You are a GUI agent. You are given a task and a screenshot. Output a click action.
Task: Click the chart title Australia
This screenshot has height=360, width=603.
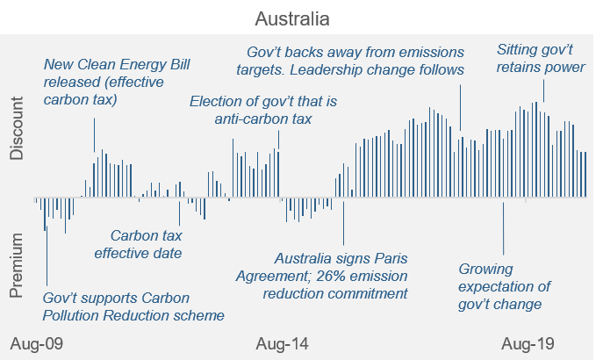[x=294, y=18]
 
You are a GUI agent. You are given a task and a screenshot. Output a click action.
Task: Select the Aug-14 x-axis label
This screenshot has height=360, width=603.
[x=283, y=342]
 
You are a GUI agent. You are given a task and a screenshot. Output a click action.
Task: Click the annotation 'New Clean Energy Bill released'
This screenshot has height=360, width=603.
[x=116, y=82]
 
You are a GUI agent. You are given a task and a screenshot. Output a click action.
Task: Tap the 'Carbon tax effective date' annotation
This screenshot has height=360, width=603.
[x=146, y=244]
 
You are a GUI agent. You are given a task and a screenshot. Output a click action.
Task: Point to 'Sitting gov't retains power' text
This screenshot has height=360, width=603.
[x=541, y=57]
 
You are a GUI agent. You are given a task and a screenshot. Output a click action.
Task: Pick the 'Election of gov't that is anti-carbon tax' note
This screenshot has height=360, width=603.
[x=262, y=110]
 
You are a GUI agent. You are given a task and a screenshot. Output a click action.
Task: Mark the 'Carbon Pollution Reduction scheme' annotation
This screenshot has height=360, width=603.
[x=133, y=306]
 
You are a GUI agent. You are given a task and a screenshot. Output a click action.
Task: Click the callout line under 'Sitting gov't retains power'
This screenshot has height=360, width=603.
[x=543, y=90]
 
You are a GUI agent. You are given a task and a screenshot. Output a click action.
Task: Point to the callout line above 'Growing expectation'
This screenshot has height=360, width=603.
[x=504, y=230]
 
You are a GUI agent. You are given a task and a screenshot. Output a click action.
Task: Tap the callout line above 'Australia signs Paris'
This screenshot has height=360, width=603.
[x=343, y=222]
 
